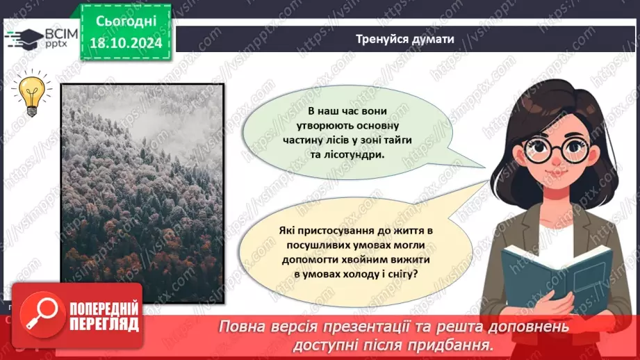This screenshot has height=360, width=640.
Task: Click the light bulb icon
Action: [x=32, y=95]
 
